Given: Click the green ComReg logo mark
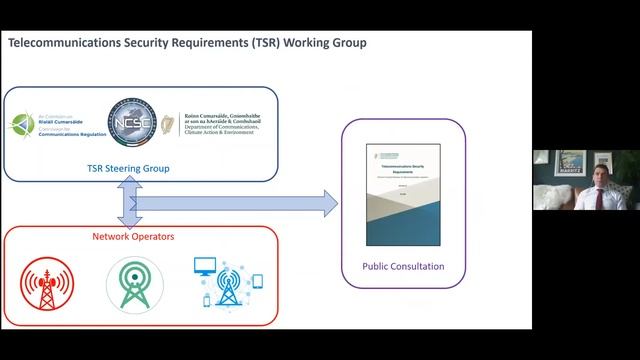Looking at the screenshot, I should [x=23, y=127].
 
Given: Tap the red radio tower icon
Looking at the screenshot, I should [x=43, y=283].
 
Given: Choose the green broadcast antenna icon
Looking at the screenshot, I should [x=133, y=283].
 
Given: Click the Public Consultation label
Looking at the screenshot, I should [x=403, y=267].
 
